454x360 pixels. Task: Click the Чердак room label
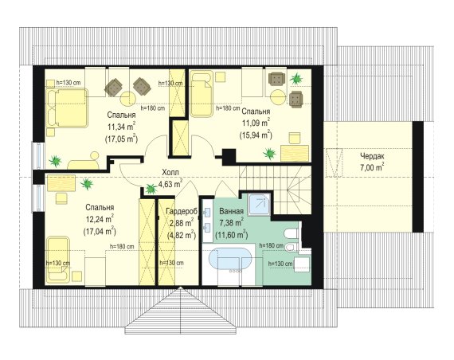pyautogui.click(x=372, y=156)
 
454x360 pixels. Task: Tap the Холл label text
pyautogui.click(x=170, y=172)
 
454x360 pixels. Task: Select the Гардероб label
pyautogui.click(x=182, y=211)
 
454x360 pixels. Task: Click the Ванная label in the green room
pyautogui.click(x=231, y=211)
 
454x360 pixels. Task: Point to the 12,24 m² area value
pyautogui.click(x=100, y=219)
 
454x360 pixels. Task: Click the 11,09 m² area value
pyautogui.click(x=256, y=123)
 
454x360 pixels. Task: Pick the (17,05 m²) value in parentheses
pyautogui.click(x=121, y=139)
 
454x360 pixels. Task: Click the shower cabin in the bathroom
pyautogui.click(x=260, y=204)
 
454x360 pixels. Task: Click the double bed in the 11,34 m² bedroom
pyautogui.click(x=67, y=108)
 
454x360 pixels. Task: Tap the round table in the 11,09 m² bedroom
pyautogui.click(x=278, y=97)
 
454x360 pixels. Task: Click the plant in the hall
pyautogui.click(x=151, y=188)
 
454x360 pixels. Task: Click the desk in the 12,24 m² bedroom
pyautogui.click(x=61, y=183)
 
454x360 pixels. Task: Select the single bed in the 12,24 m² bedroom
pyautogui.click(x=58, y=259)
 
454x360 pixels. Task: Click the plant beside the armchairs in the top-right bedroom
pyautogui.click(x=296, y=78)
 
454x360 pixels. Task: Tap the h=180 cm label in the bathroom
pyautogui.click(x=272, y=245)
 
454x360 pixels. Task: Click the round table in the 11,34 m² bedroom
pyautogui.click(x=127, y=99)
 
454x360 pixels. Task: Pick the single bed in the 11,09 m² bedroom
pyautogui.click(x=202, y=93)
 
